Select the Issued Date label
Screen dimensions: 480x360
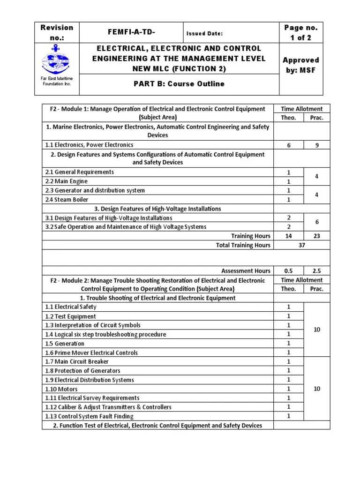[204, 33]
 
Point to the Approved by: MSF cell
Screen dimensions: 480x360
[300, 65]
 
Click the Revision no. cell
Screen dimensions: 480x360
[57, 33]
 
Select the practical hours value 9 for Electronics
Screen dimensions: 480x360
[316, 145]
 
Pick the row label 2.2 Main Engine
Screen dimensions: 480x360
[67, 181]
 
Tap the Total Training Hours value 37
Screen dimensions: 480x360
[302, 245]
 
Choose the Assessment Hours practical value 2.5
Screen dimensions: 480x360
[316, 270]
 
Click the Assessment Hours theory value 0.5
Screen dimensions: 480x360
[289, 270]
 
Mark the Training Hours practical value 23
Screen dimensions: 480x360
[316, 236]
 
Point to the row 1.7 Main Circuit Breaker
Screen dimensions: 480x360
[76, 361]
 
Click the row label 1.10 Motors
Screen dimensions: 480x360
[61, 389]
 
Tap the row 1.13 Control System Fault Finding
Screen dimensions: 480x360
[89, 416]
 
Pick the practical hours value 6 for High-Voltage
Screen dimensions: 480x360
[316, 223]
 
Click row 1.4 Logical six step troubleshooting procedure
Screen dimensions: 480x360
[105, 334]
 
